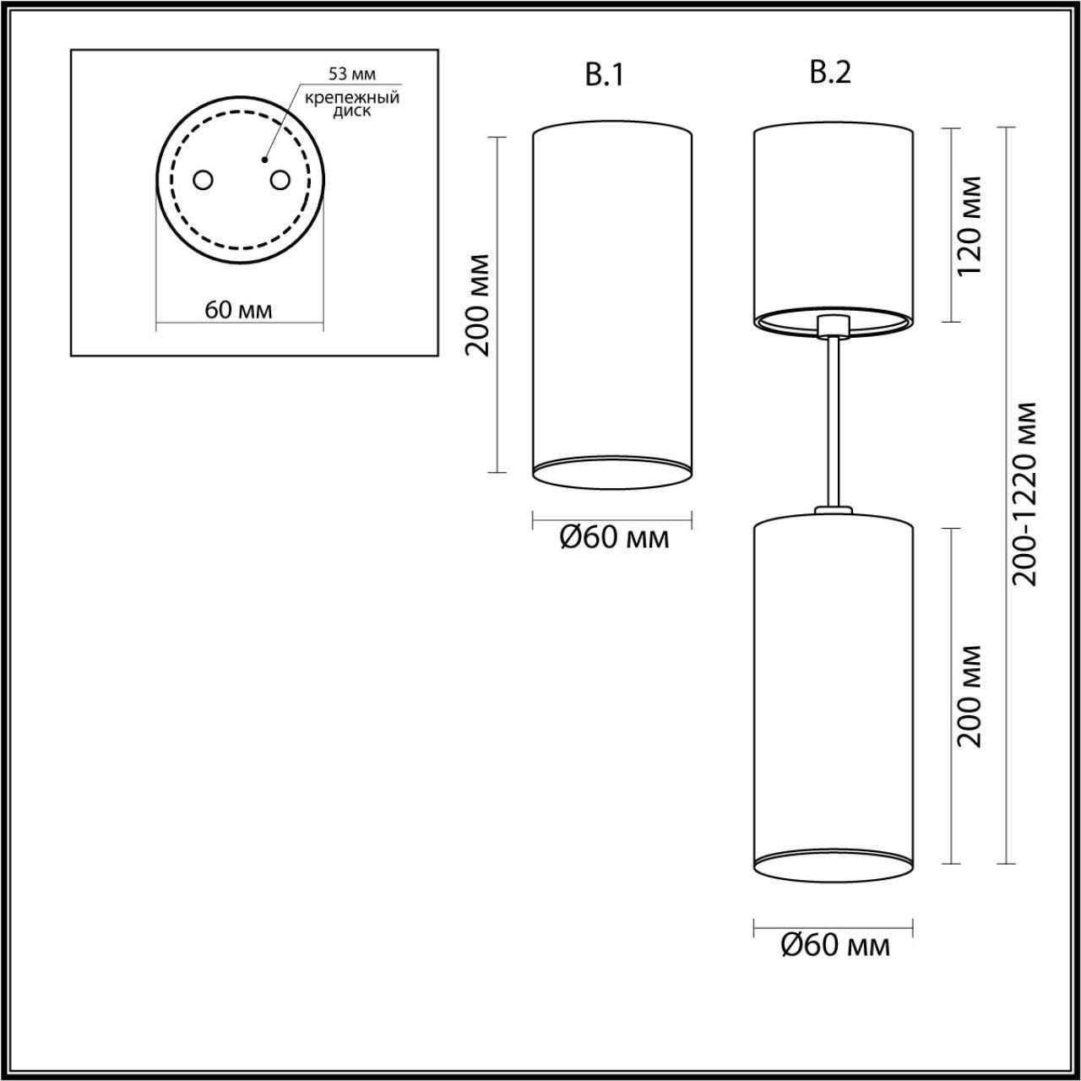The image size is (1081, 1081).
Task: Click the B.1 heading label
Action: [x=604, y=76]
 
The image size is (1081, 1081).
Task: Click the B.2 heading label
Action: [x=830, y=73]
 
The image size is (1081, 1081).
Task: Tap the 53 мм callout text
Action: [x=351, y=74]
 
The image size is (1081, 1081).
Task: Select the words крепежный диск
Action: [x=351, y=104]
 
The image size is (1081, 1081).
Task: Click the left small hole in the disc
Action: [x=203, y=181]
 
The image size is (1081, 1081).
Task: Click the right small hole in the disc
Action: [x=280, y=181]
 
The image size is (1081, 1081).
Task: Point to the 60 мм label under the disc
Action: [x=238, y=310]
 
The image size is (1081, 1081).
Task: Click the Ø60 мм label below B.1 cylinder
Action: [x=614, y=537]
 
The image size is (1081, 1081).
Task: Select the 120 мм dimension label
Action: [x=970, y=225]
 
